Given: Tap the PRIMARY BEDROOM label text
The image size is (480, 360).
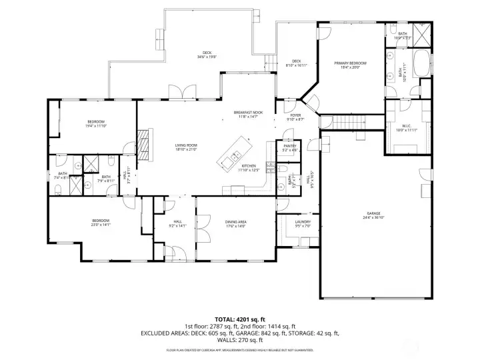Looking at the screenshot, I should click(x=351, y=65).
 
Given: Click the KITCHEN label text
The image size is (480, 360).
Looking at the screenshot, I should click(x=249, y=167).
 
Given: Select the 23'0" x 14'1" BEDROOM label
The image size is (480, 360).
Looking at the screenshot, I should click(x=101, y=223).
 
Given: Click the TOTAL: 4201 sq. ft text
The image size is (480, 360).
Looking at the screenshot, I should click(x=240, y=319).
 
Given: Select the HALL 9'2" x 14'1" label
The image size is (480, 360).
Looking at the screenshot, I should click(x=177, y=223).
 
